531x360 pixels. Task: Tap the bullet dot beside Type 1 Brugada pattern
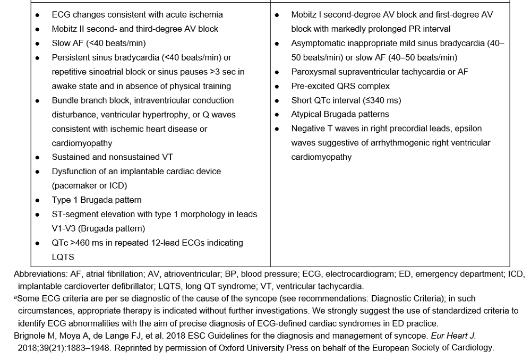pyautogui.click(x=37, y=201)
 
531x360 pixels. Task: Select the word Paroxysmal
pyautogui.click(x=313, y=72)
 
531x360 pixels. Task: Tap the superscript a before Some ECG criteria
pyautogui.click(x=15, y=298)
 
